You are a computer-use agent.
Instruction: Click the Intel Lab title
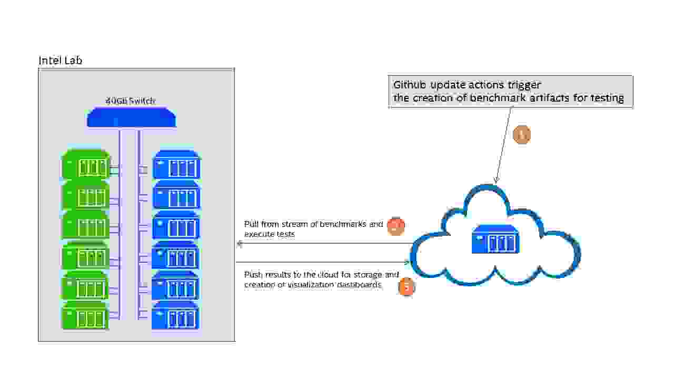pyautogui.click(x=60, y=61)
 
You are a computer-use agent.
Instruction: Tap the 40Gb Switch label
pyautogui.click(x=131, y=101)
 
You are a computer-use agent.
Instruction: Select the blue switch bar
pyautogui.click(x=131, y=117)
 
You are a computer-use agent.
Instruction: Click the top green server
pyautogui.click(x=86, y=164)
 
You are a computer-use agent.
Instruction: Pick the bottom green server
pyautogui.click(x=86, y=316)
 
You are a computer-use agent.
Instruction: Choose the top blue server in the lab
pyautogui.click(x=176, y=164)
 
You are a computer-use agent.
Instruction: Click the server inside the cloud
pyautogui.click(x=495, y=239)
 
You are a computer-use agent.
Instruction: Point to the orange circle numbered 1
pyautogui.click(x=521, y=135)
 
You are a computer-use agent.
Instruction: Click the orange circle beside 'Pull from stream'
pyautogui.click(x=395, y=226)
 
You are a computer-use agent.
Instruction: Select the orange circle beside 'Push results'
pyautogui.click(x=407, y=287)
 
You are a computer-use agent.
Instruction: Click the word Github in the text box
pyautogui.click(x=409, y=85)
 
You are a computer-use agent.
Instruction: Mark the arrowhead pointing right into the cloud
pyautogui.click(x=407, y=262)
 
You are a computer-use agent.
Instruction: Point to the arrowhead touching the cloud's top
pyautogui.click(x=495, y=181)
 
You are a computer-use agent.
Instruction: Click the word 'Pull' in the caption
pyautogui.click(x=251, y=224)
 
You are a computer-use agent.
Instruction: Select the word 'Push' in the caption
pyautogui.click(x=252, y=275)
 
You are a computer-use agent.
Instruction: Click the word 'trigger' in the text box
pyautogui.click(x=523, y=85)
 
